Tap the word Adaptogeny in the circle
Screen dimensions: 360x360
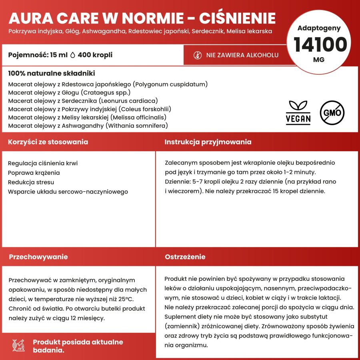(x=319, y=28)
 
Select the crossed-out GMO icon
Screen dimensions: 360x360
(x=332, y=112)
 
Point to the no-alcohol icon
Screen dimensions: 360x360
(x=198, y=55)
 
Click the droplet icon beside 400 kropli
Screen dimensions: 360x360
(x=72, y=55)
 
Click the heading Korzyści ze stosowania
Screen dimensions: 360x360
(x=48, y=142)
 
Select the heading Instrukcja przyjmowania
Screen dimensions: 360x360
(x=208, y=142)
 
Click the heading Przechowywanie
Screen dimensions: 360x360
(x=38, y=257)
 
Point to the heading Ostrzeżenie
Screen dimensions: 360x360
(x=185, y=257)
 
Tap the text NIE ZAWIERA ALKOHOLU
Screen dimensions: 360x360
(x=242, y=55)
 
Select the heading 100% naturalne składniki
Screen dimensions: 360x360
(x=52, y=74)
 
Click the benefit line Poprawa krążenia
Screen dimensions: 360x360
(x=34, y=173)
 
